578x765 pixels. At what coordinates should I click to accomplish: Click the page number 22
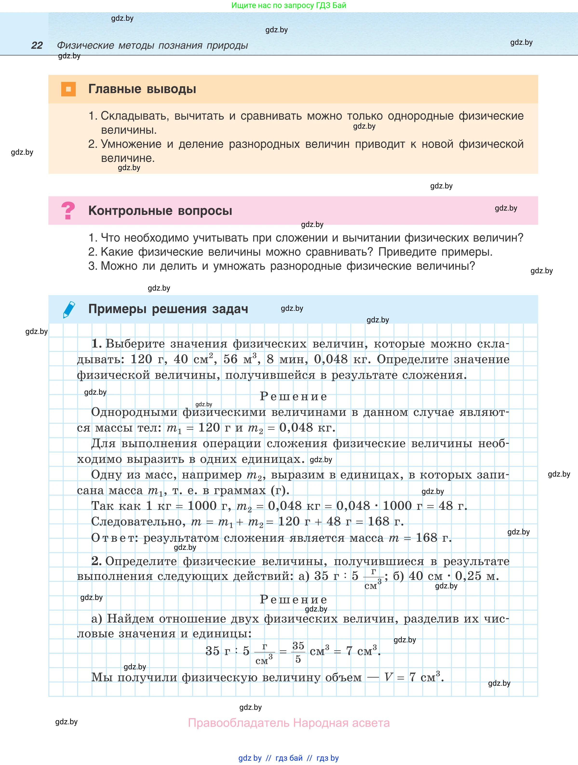[37, 45]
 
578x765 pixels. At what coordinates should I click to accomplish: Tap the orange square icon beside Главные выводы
[68, 89]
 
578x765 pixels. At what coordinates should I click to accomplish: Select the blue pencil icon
[69, 309]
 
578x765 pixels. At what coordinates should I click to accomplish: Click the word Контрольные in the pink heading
[130, 211]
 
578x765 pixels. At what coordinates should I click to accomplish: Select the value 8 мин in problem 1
[287, 359]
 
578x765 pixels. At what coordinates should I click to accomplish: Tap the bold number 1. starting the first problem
[96, 343]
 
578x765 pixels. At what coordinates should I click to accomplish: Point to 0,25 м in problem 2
[477, 576]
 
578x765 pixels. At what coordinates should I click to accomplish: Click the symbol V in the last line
[389, 677]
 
